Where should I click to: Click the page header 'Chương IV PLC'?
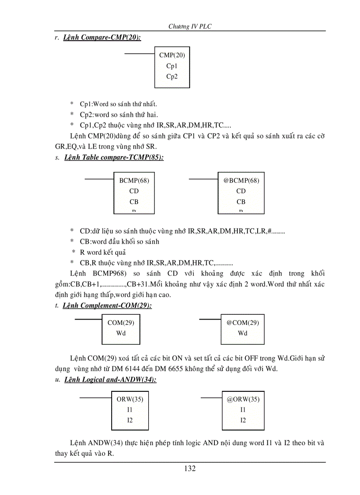pos(190,26)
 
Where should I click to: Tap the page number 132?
pos(190,468)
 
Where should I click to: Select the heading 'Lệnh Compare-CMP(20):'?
pos(102,38)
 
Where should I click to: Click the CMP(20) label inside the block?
pos(172,55)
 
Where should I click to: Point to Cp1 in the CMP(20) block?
pos(172,66)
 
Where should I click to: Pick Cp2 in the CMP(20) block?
pos(172,76)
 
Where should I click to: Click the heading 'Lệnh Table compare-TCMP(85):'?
pos(114,157)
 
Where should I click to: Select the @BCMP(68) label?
pos(241,180)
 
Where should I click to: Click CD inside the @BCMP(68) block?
pos(241,191)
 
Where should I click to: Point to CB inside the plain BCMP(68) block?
pos(134,201)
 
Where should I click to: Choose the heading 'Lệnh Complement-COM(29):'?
pos(108,305)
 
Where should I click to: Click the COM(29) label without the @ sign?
pos(121,322)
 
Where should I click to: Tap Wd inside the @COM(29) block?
pos(243,333)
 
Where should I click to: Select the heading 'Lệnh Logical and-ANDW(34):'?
pos(110,380)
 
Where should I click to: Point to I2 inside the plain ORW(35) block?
pos(130,420)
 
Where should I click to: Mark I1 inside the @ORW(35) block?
pos(243,409)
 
